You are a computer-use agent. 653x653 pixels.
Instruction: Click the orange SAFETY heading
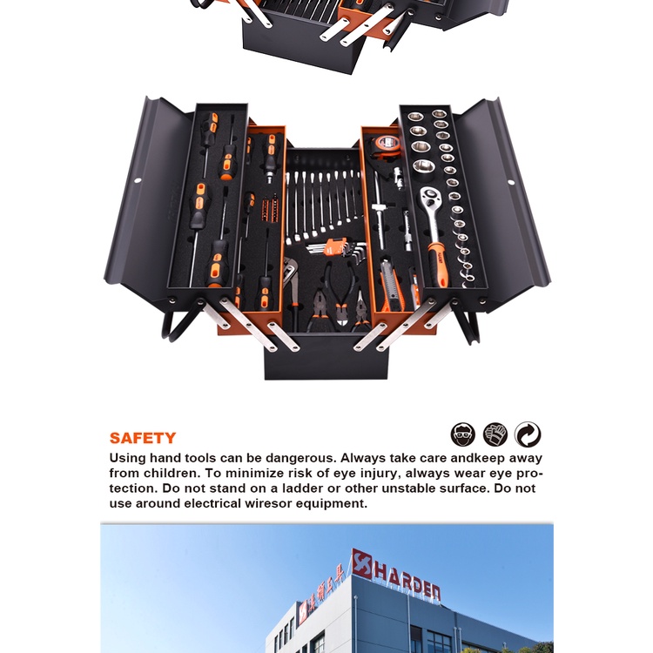tap(143, 438)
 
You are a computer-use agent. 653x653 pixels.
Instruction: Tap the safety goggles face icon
tap(462, 434)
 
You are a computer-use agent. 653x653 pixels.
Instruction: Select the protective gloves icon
tap(495, 434)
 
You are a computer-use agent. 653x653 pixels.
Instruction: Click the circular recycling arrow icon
tap(528, 434)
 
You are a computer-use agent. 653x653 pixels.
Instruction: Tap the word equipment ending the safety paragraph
tap(331, 504)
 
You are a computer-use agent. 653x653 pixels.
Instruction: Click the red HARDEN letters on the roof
tap(407, 581)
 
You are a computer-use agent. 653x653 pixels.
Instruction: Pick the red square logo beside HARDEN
tap(361, 564)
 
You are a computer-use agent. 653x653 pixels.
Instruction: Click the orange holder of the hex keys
tap(334, 246)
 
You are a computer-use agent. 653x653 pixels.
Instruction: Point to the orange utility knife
tap(390, 286)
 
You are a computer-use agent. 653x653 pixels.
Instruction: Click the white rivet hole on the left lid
tap(138, 180)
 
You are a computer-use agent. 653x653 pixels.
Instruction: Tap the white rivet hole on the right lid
tap(511, 182)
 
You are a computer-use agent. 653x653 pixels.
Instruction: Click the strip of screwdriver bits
tap(270, 209)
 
